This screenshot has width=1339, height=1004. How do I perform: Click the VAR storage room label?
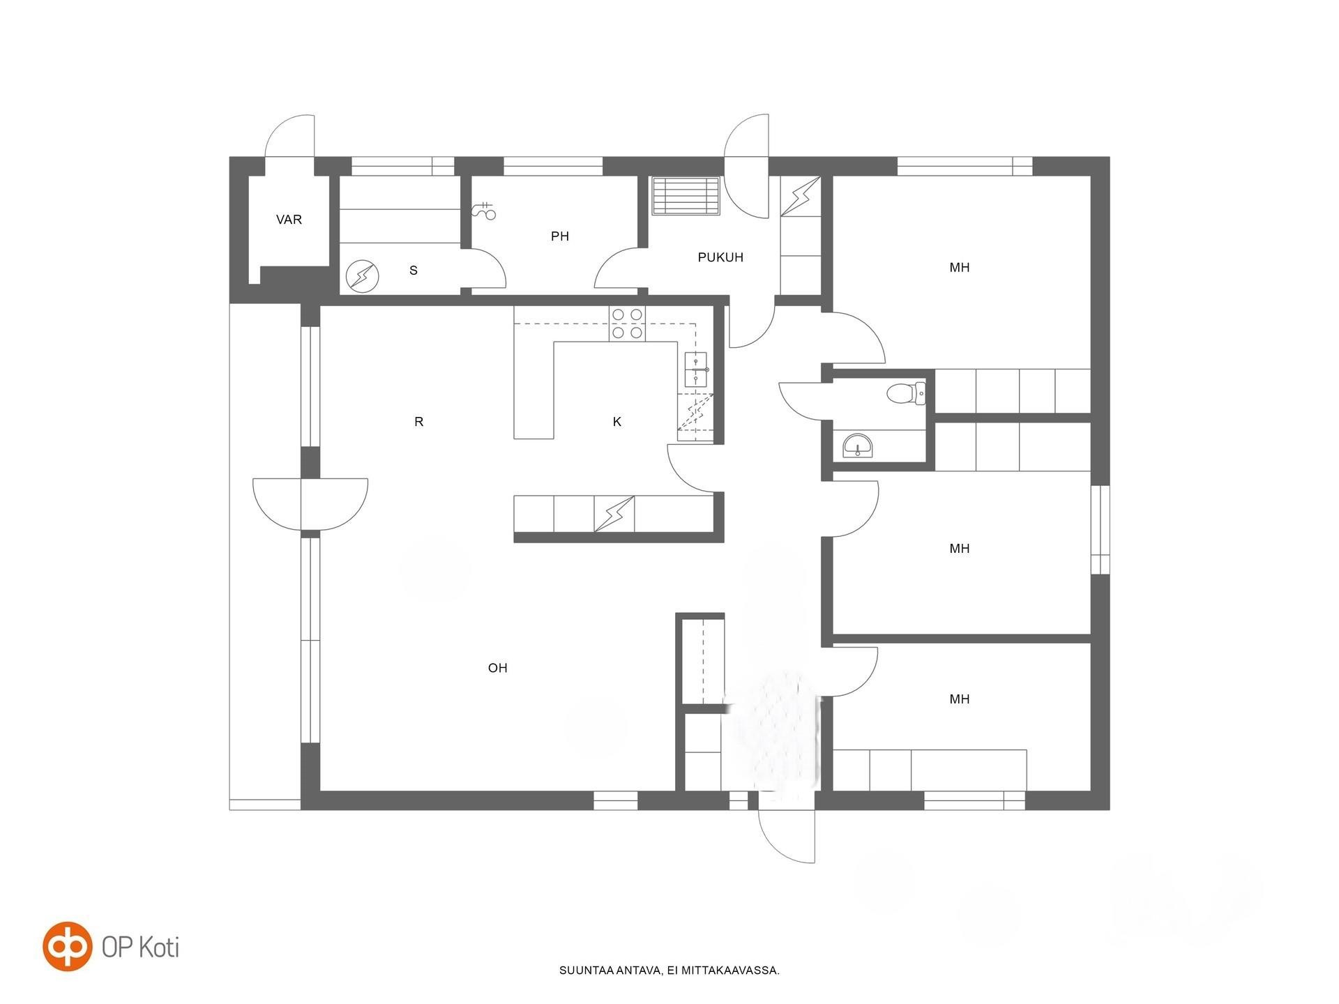(x=289, y=220)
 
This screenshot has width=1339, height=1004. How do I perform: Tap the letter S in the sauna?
(x=414, y=271)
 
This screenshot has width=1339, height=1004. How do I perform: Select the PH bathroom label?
(x=560, y=236)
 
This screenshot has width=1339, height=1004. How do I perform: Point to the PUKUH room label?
(x=720, y=257)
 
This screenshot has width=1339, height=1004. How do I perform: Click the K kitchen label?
(x=616, y=422)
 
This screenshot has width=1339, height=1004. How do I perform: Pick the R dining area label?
(x=418, y=422)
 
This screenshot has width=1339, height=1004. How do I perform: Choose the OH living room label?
(x=497, y=668)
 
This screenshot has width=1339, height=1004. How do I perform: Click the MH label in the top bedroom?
(x=960, y=268)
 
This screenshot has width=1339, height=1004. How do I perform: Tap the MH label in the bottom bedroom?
(x=960, y=699)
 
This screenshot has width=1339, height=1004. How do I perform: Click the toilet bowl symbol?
(x=906, y=394)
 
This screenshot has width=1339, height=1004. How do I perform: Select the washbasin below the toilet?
(x=857, y=446)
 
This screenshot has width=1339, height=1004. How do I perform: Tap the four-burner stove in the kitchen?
(x=627, y=324)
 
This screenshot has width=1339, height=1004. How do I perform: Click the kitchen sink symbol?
(x=697, y=370)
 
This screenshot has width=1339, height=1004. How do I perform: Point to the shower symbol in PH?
(x=483, y=211)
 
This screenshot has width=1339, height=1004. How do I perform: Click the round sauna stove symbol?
(x=363, y=277)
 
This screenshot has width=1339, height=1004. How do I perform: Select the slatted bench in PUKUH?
(x=686, y=197)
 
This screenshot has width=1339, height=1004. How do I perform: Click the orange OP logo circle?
(x=68, y=946)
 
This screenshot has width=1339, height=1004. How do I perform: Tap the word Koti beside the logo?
(x=159, y=947)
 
